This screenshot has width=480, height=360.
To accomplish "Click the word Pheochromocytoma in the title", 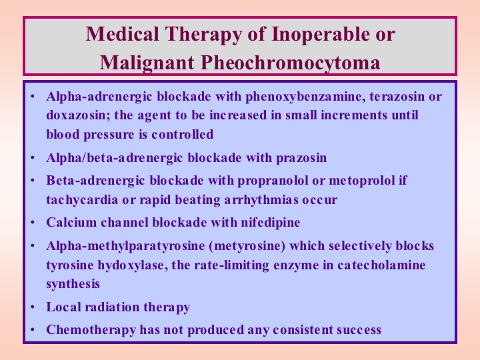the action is [x=291, y=63].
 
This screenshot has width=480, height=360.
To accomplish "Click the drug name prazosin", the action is [x=301, y=158].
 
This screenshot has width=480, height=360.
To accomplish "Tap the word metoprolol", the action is [x=361, y=181].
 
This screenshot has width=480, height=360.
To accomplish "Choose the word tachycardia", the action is [x=82, y=200].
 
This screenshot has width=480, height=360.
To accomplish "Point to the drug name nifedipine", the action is [x=271, y=223].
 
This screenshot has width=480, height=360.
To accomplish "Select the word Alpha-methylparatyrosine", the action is [x=125, y=247].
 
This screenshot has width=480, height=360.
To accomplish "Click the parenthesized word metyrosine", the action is [x=247, y=247].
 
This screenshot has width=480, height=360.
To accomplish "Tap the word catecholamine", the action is [x=381, y=265].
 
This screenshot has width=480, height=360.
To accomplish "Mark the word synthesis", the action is [x=73, y=285].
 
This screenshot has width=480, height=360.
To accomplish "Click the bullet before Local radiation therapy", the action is [x=33, y=307].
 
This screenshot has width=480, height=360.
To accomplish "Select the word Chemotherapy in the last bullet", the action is [x=91, y=330].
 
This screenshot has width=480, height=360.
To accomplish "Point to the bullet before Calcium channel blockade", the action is [x=33, y=223].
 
